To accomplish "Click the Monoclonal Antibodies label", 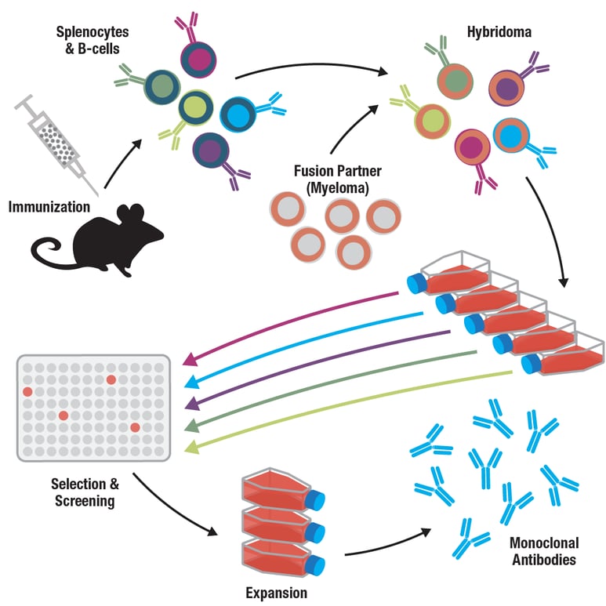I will click(x=542, y=550).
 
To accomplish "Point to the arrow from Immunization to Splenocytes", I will click(x=124, y=162).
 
